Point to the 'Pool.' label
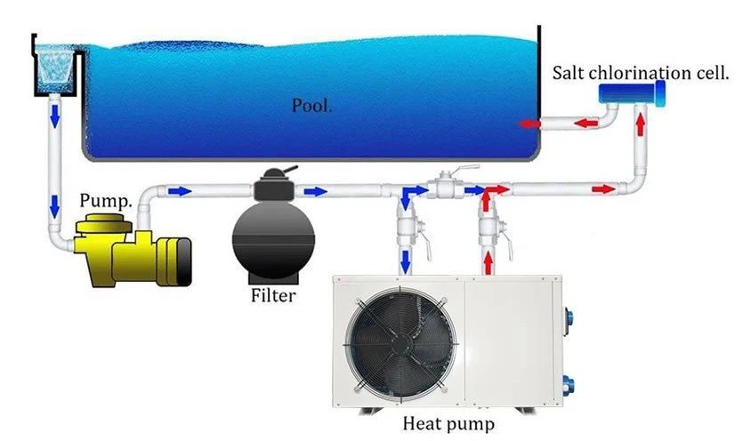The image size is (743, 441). point(311,106)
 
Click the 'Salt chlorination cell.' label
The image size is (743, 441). point(641,72)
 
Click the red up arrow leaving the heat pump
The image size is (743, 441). point(487,261)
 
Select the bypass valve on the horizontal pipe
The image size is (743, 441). point(447,187)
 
